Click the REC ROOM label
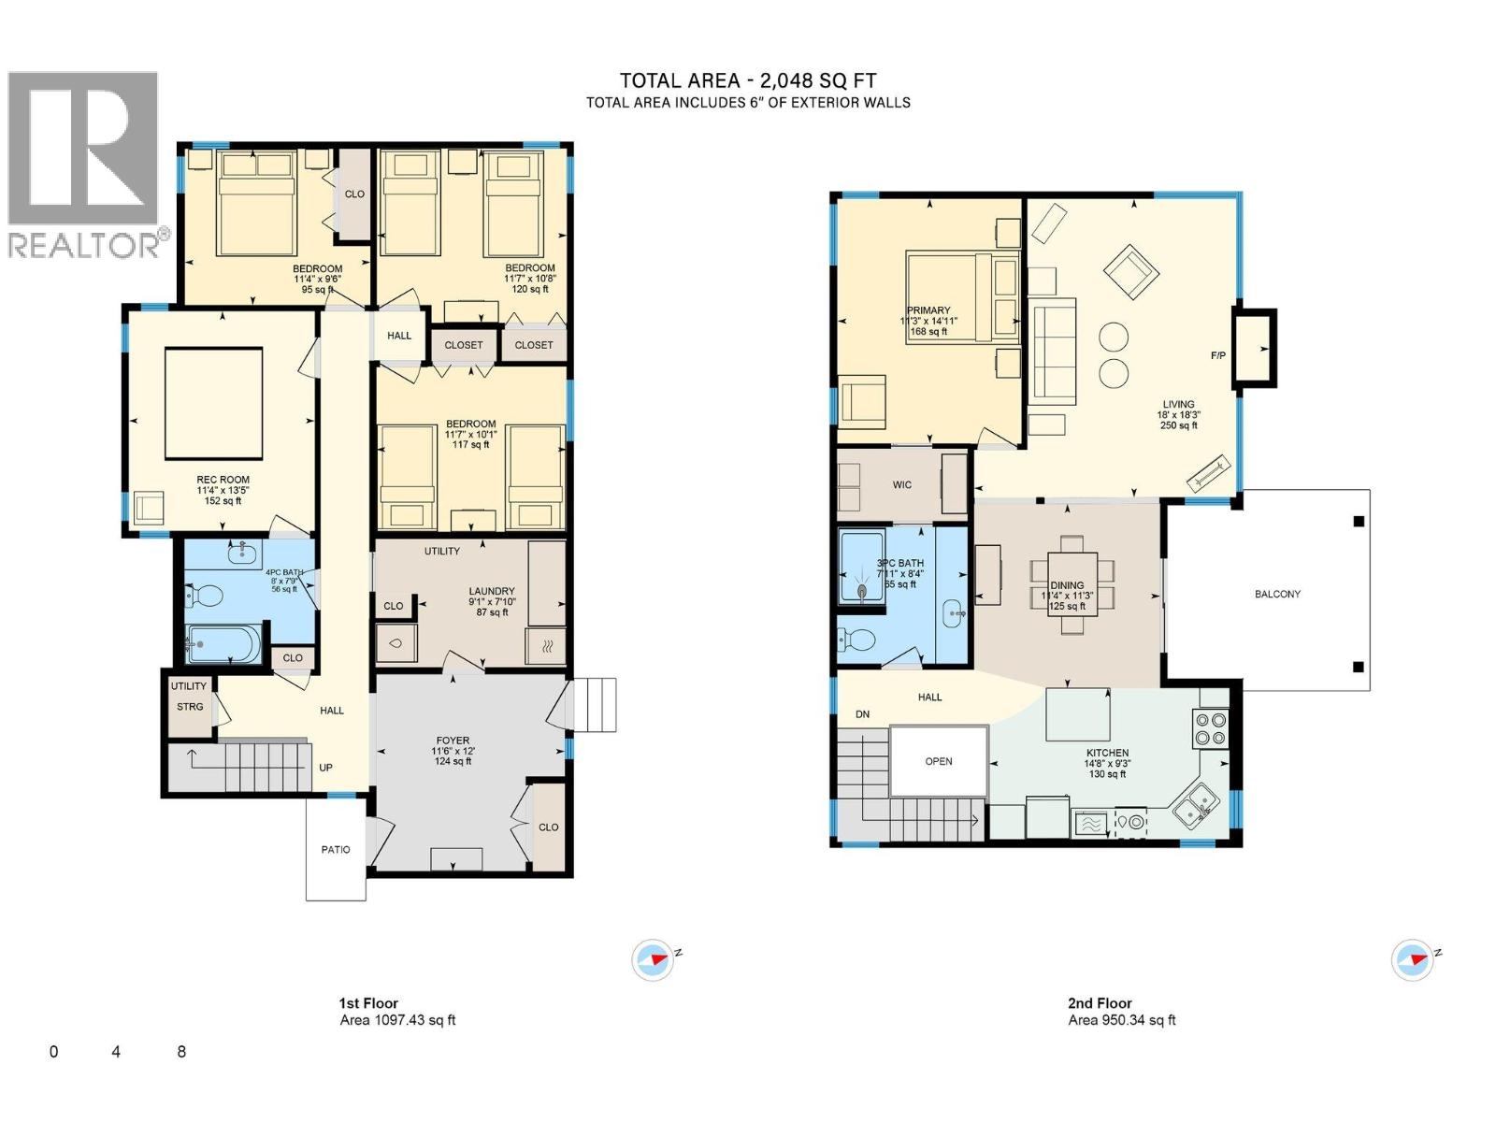[223, 480]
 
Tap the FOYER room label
[453, 741]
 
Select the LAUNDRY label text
[492, 591]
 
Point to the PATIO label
[336, 850]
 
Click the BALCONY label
[1277, 594]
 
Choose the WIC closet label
[902, 484]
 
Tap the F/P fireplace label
[1218, 356]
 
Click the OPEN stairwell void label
[939, 761]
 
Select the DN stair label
[862, 714]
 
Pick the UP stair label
[325, 768]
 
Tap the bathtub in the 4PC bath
[223, 644]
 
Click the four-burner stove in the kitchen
[1211, 729]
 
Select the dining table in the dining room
[1072, 585]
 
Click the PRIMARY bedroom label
[928, 310]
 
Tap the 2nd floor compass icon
[1412, 960]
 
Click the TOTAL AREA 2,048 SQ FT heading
[748, 81]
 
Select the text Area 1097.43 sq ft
[397, 1020]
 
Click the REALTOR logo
[84, 164]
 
